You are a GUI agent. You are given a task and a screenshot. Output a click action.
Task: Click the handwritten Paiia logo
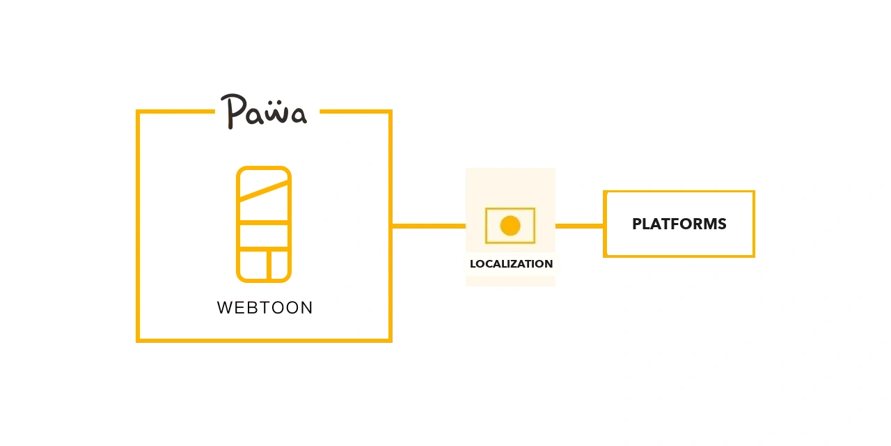click(x=264, y=111)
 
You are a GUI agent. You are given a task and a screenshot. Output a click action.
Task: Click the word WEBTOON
click(x=265, y=308)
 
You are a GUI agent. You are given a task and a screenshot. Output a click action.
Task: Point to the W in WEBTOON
click(x=225, y=308)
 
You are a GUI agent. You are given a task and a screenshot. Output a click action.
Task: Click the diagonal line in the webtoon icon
click(x=264, y=191)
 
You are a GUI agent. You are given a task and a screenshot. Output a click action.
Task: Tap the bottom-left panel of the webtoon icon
click(x=253, y=265)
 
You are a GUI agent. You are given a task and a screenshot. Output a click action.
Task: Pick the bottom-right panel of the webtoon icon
click(x=280, y=265)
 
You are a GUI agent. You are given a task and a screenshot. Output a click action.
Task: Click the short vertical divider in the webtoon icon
click(x=269, y=265)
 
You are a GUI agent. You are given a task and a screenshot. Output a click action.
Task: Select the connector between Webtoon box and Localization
click(x=429, y=226)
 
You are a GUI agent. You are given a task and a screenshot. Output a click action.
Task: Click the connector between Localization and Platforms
click(x=579, y=226)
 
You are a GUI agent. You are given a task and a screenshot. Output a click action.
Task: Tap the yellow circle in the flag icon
click(x=510, y=226)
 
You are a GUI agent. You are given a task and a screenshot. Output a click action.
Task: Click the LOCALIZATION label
click(x=511, y=263)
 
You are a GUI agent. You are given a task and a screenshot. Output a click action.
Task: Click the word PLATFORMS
click(x=679, y=224)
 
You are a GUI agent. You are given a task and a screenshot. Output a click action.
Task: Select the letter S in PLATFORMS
click(x=721, y=224)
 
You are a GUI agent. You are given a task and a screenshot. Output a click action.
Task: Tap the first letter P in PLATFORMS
click(x=637, y=224)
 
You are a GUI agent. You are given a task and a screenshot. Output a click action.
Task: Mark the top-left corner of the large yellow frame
click(x=138, y=111)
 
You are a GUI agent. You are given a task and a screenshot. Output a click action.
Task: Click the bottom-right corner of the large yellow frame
click(x=391, y=341)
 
